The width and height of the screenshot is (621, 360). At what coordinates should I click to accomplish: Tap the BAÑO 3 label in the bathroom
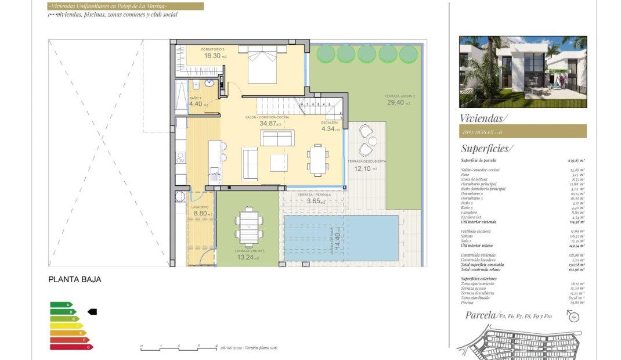point(196,98)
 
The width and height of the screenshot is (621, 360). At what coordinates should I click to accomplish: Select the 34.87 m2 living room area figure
point(270,124)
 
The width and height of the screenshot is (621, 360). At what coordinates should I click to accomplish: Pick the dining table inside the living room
point(317,160)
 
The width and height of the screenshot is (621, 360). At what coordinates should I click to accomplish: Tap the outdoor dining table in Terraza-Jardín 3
point(249,225)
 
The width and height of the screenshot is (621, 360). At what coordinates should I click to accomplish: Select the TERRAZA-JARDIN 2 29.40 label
point(399,100)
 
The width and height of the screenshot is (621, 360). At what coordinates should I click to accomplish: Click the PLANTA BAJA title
point(74,279)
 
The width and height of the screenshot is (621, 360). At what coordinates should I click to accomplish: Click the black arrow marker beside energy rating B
point(92,312)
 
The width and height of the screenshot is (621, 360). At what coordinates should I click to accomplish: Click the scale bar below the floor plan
point(179,348)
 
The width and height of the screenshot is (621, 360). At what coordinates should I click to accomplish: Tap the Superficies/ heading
point(486,148)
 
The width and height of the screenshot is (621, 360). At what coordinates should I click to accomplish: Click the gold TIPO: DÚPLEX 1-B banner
point(522,132)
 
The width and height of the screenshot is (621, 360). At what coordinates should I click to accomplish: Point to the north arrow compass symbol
point(573,316)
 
